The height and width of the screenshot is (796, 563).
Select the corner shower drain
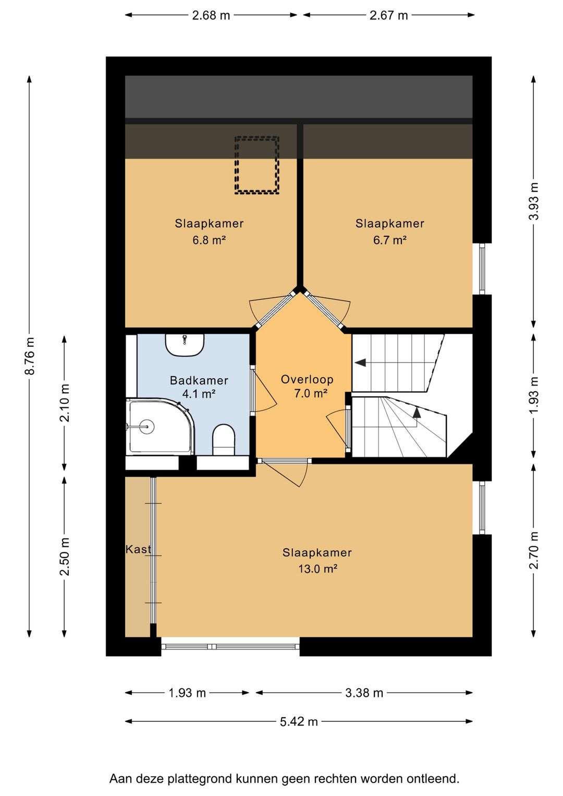pyautogui.click(x=146, y=426)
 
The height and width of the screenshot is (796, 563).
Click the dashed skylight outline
pyautogui.click(x=256, y=165)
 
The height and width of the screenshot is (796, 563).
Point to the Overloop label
pyautogui.click(x=307, y=380)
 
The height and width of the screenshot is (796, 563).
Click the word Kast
pyautogui.click(x=138, y=549)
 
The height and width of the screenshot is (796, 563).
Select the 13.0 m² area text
pyautogui.click(x=317, y=569)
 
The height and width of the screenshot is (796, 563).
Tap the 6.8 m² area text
pyautogui.click(x=209, y=240)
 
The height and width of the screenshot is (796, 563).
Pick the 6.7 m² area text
pyautogui.click(x=389, y=240)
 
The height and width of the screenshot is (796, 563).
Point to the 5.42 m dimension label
pyautogui.click(x=299, y=722)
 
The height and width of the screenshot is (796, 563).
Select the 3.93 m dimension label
pyautogui.click(x=534, y=201)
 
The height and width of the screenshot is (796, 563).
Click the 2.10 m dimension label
pyautogui.click(x=65, y=403)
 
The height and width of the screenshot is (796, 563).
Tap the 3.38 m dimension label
pyautogui.click(x=364, y=693)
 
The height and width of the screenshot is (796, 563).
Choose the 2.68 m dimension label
pyautogui.click(x=211, y=15)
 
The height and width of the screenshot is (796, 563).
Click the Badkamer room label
pyautogui.click(x=199, y=381)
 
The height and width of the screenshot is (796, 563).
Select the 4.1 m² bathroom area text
pyautogui.click(x=199, y=394)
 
